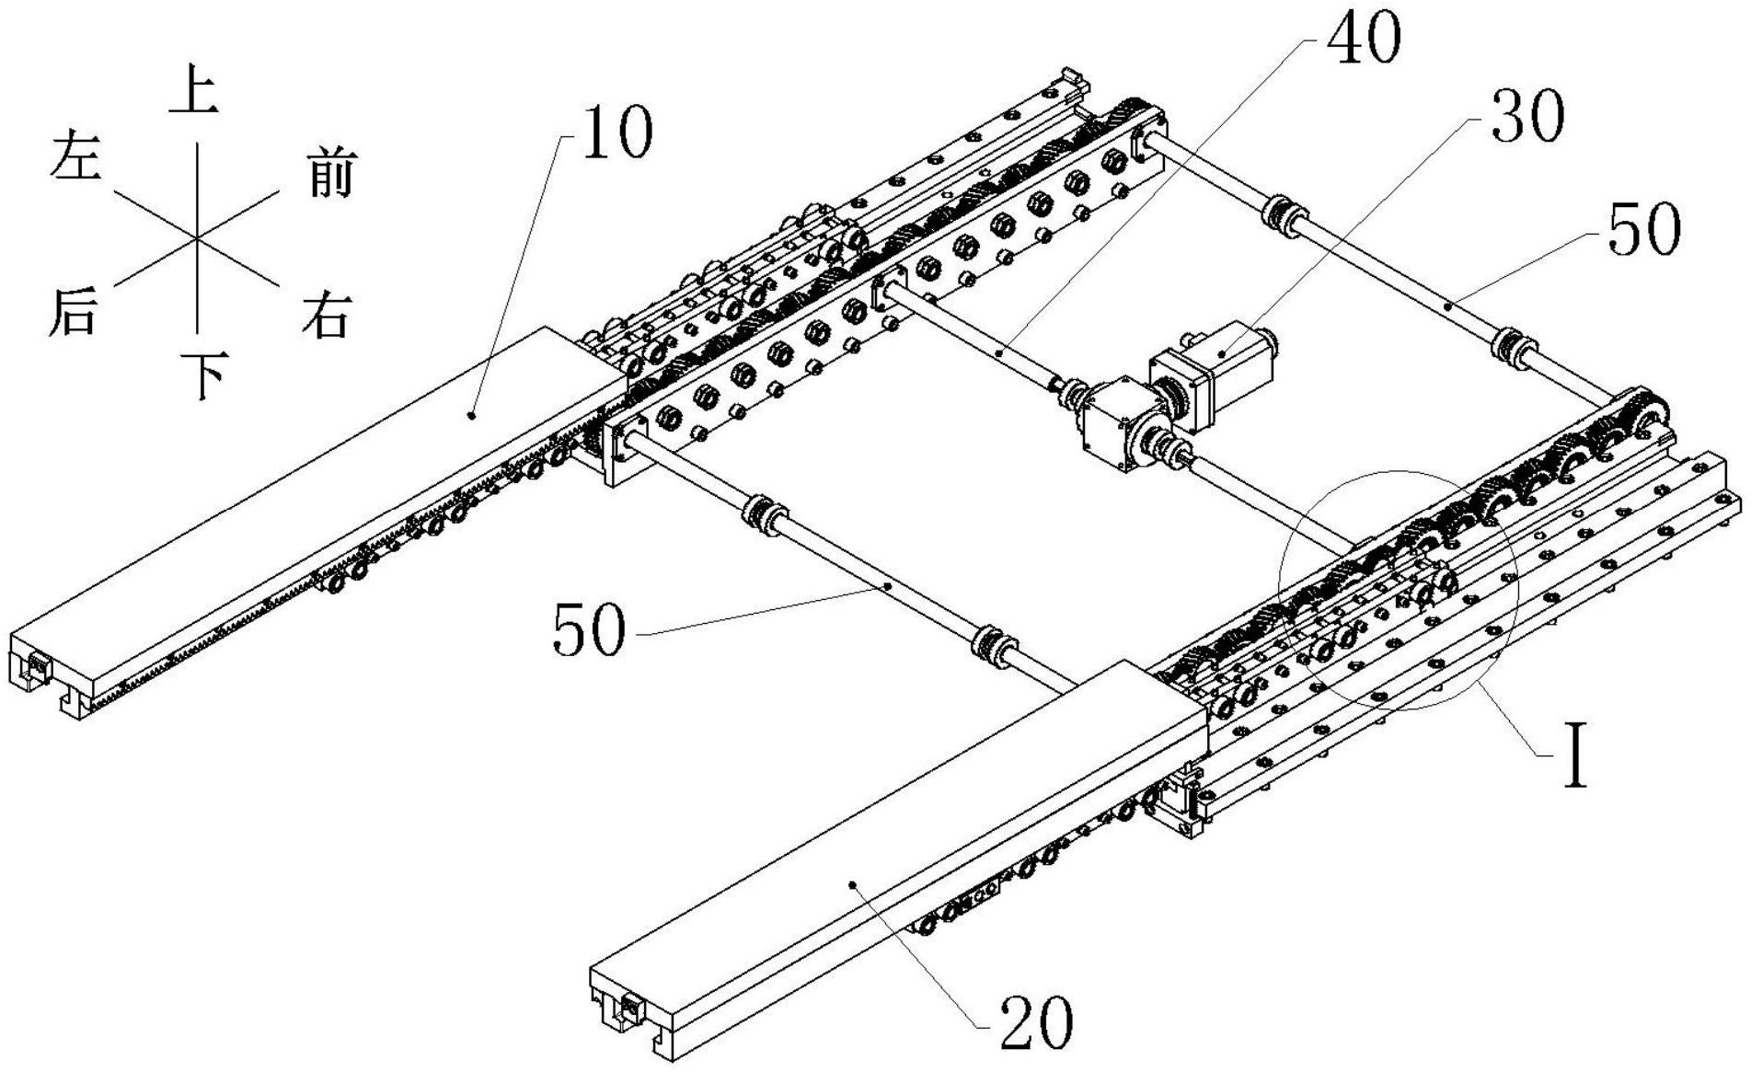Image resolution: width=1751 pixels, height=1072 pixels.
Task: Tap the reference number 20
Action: tap(1035, 1023)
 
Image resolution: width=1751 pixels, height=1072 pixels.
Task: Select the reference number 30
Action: tap(1526, 118)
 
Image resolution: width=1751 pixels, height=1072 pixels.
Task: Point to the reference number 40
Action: tap(1365, 39)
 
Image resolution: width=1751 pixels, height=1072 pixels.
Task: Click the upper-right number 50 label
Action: tap(1643, 229)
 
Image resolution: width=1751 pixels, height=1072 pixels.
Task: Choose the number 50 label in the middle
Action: tap(589, 631)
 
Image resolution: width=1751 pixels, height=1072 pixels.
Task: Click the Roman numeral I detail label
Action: tap(1577, 755)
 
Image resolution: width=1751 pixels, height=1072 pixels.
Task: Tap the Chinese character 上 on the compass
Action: tap(194, 95)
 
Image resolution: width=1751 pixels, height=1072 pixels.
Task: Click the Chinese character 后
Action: tap(73, 311)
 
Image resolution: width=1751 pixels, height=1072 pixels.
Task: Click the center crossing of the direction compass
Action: tap(197, 237)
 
